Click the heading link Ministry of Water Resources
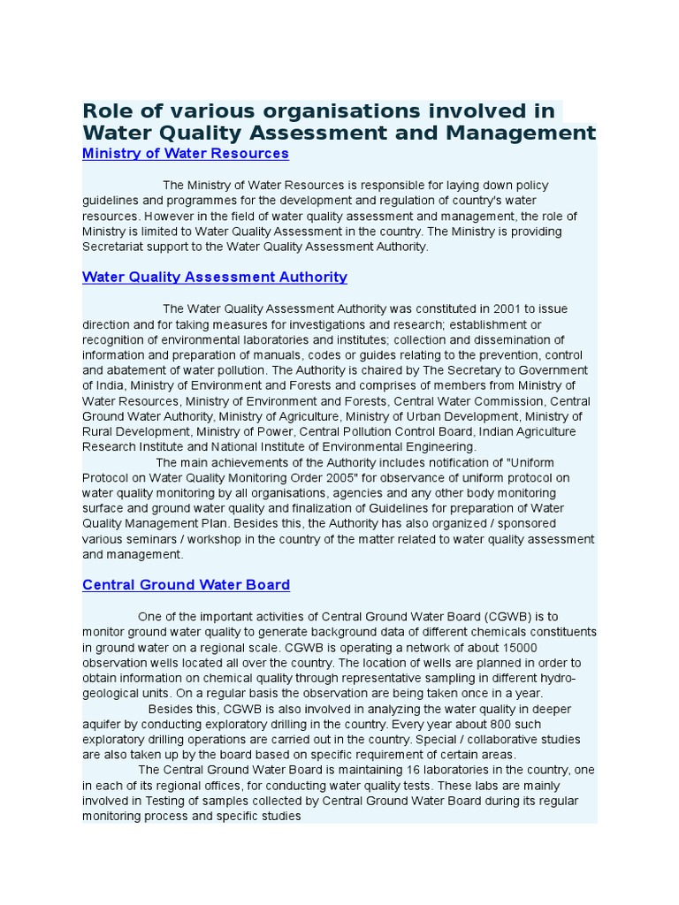tap(186, 154)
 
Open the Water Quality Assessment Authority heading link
tap(215, 278)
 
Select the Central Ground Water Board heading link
tap(186, 585)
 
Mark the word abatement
tap(123, 370)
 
